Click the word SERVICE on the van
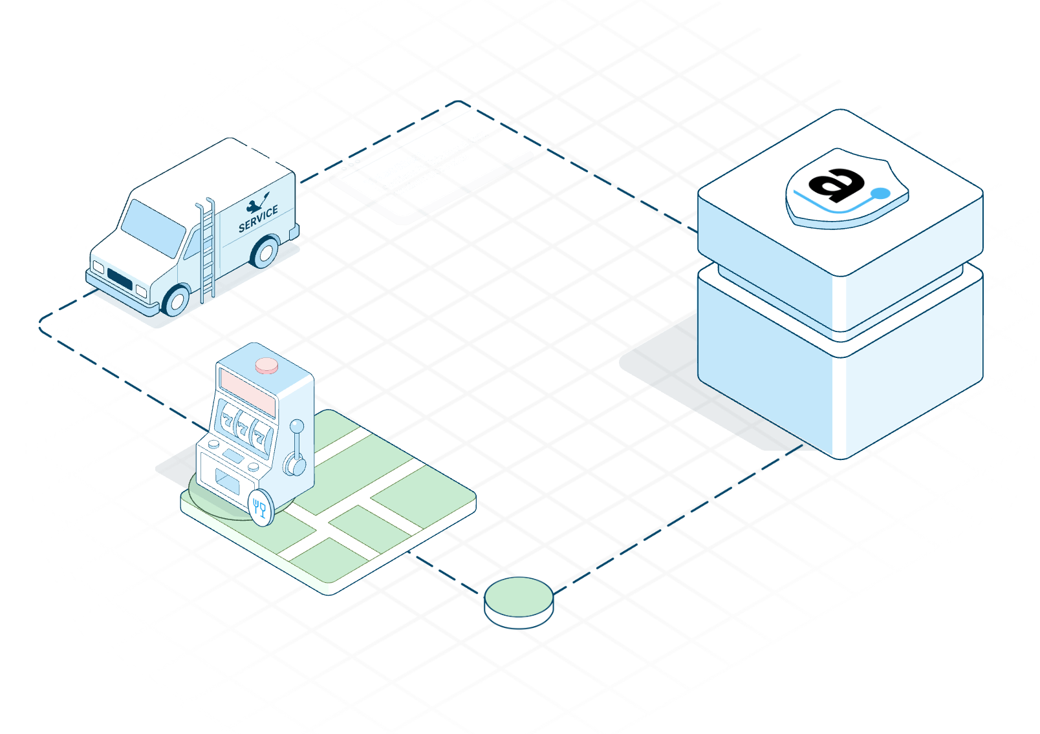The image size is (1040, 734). point(258,218)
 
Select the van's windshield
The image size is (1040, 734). point(153,227)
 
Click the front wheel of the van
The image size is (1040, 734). point(176,300)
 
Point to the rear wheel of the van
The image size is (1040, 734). point(265,252)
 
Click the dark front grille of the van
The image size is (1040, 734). point(120,279)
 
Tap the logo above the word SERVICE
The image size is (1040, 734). point(257,202)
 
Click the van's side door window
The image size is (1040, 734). point(192,244)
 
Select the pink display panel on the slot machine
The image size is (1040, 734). point(247,392)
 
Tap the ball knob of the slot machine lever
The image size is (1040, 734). point(297,426)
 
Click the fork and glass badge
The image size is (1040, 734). point(261,508)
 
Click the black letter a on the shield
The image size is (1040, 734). point(836,183)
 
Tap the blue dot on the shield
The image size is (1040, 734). point(880,193)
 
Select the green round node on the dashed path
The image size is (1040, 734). point(519,597)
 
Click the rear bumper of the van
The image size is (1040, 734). point(295,231)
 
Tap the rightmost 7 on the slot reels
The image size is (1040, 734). point(260,437)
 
